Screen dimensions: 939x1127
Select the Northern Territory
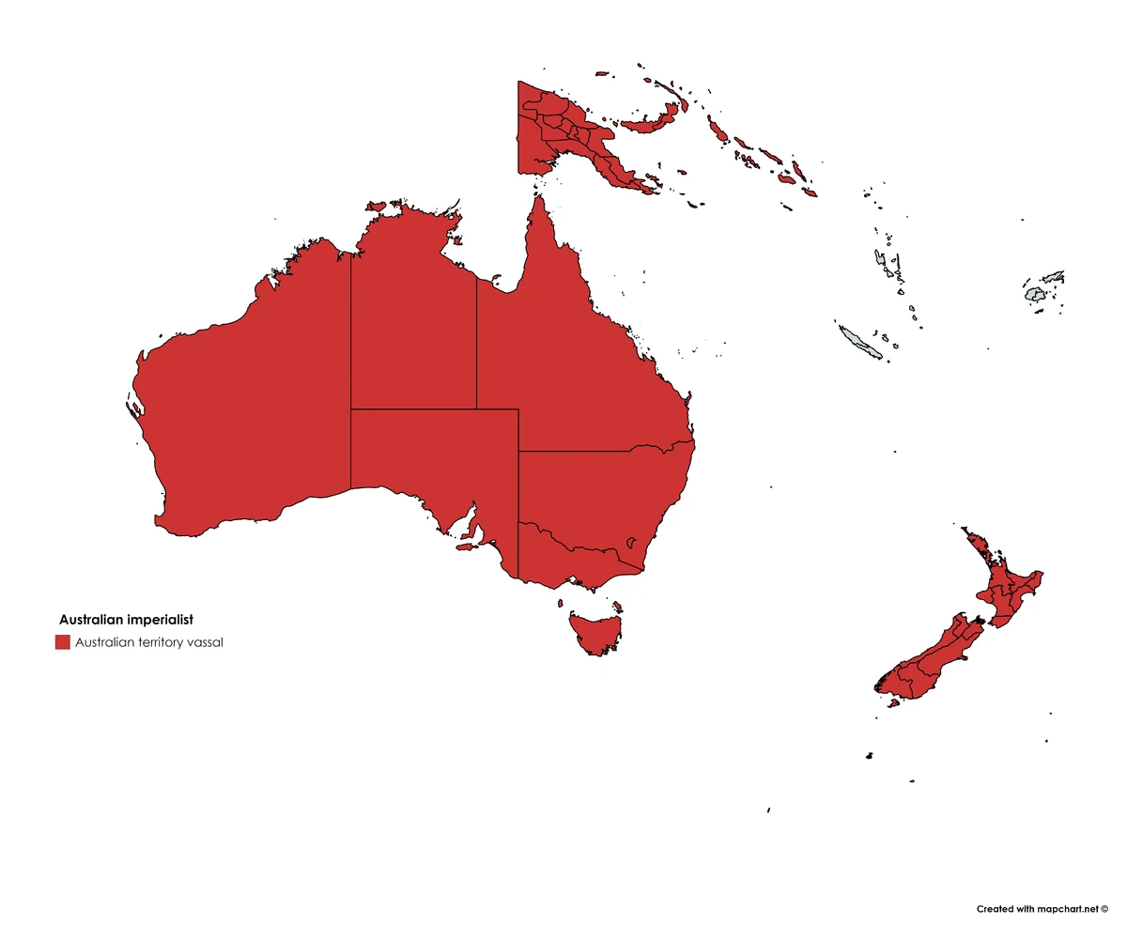tap(413, 319)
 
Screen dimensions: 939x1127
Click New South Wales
tap(601, 498)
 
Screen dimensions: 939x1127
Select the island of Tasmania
tap(594, 632)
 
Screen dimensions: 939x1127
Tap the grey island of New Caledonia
tap(860, 342)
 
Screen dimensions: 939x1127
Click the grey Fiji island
tap(1036, 295)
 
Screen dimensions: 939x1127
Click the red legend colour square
tap(63, 642)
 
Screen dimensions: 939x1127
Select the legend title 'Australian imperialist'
tap(126, 620)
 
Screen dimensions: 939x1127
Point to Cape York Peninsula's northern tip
tap(540, 198)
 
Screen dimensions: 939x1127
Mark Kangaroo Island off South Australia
tap(463, 546)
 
